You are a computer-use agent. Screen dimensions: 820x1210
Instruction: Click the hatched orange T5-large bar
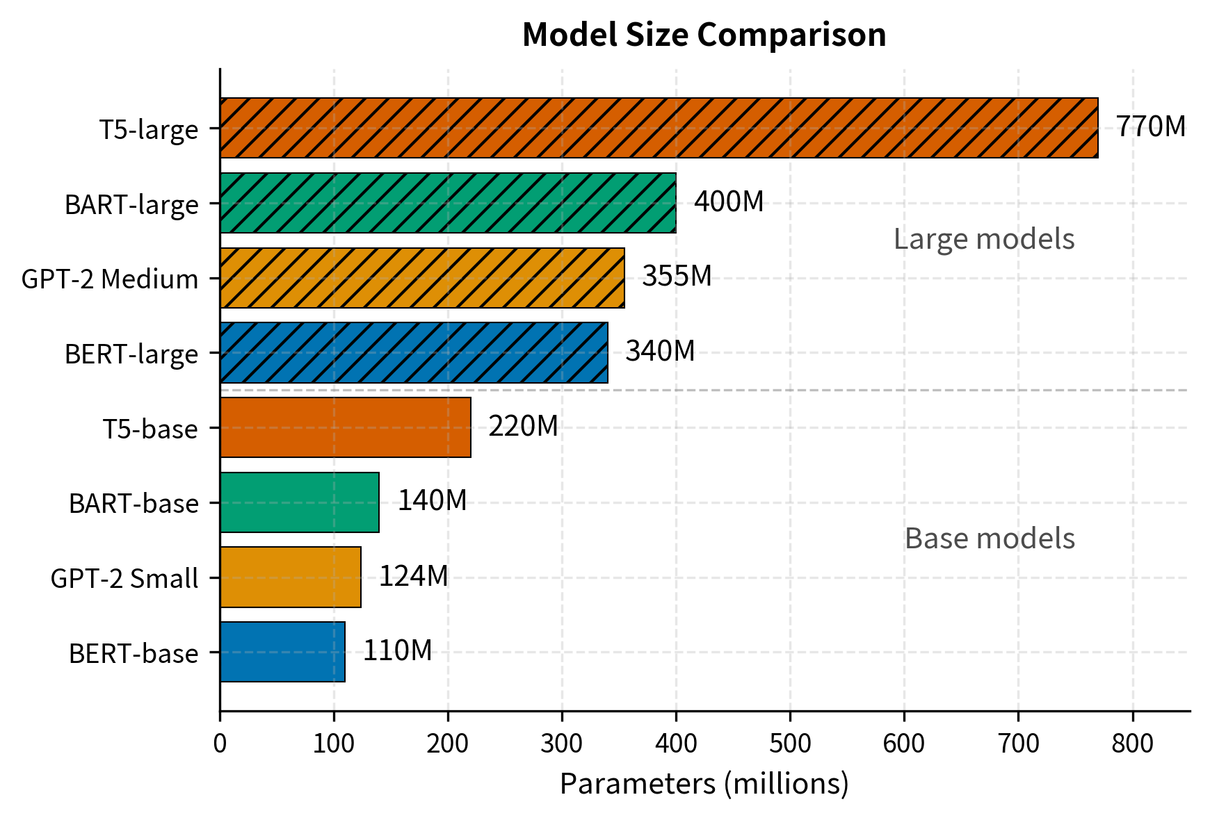pos(659,128)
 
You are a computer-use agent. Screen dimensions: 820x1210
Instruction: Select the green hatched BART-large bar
pos(448,203)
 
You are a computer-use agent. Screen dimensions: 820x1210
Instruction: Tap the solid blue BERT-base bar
pos(282,652)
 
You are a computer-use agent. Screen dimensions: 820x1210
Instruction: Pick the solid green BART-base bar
pos(299,502)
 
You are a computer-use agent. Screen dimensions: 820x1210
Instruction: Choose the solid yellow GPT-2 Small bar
pos(290,577)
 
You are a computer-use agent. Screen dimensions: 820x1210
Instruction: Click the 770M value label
pos(1150,127)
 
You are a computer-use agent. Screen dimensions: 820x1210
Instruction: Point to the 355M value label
pos(676,277)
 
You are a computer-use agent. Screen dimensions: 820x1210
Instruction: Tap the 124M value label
pos(413,576)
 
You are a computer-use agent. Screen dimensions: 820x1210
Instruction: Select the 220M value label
pos(523,427)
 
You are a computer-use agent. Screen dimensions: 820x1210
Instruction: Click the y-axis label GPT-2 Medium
pos(110,279)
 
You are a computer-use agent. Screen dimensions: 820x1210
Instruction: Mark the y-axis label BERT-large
pos(131,354)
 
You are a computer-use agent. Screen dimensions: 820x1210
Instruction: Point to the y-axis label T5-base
pos(150,429)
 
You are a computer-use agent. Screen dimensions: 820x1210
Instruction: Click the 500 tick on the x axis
pos(790,744)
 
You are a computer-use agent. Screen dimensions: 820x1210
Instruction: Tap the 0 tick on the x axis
pos(220,744)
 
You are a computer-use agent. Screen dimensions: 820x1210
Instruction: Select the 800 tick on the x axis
pos(1132,744)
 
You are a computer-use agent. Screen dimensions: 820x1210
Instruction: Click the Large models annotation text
pos(983,239)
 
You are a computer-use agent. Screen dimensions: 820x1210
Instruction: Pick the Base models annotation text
pos(989,539)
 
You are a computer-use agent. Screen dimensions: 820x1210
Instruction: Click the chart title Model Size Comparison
pos(704,35)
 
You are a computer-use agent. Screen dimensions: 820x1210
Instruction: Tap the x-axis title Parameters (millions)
pos(704,785)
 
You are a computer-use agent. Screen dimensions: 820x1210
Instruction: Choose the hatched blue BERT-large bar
pos(414,352)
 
